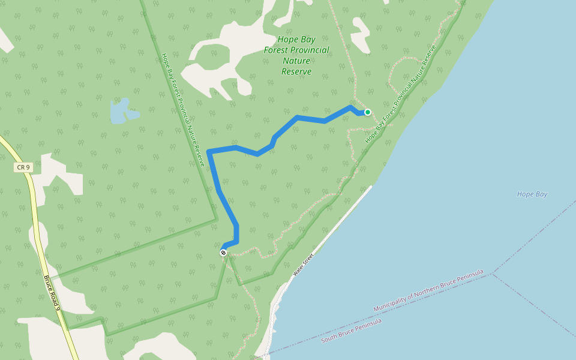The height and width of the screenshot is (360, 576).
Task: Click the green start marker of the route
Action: [368, 112]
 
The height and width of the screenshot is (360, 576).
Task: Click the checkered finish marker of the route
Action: [223, 253]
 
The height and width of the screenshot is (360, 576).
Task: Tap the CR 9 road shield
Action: [23, 167]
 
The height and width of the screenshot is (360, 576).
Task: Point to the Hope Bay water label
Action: [532, 194]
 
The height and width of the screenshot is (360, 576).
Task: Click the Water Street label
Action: [304, 265]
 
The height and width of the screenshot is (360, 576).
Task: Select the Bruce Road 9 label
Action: [52, 292]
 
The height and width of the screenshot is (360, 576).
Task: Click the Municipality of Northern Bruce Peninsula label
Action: [428, 291]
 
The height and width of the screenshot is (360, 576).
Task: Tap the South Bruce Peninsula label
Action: [351, 331]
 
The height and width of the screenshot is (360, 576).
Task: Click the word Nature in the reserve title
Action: [296, 61]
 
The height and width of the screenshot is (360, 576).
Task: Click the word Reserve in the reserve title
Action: [296, 71]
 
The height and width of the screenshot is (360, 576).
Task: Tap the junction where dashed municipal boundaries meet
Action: [493, 274]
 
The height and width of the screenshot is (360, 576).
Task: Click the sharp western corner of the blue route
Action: [209, 151]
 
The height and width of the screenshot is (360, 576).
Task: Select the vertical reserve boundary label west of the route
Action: [183, 109]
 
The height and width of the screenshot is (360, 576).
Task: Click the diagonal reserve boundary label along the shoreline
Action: [400, 95]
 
